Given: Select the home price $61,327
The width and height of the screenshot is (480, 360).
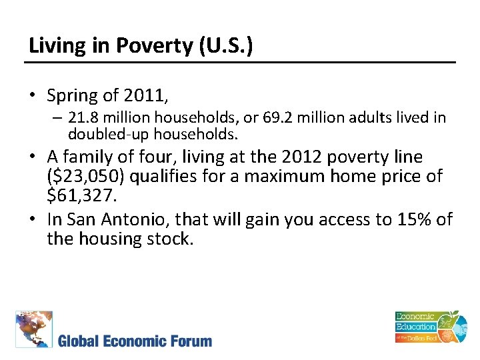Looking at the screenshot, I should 81,196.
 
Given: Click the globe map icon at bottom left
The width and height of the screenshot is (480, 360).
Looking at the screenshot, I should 33,329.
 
